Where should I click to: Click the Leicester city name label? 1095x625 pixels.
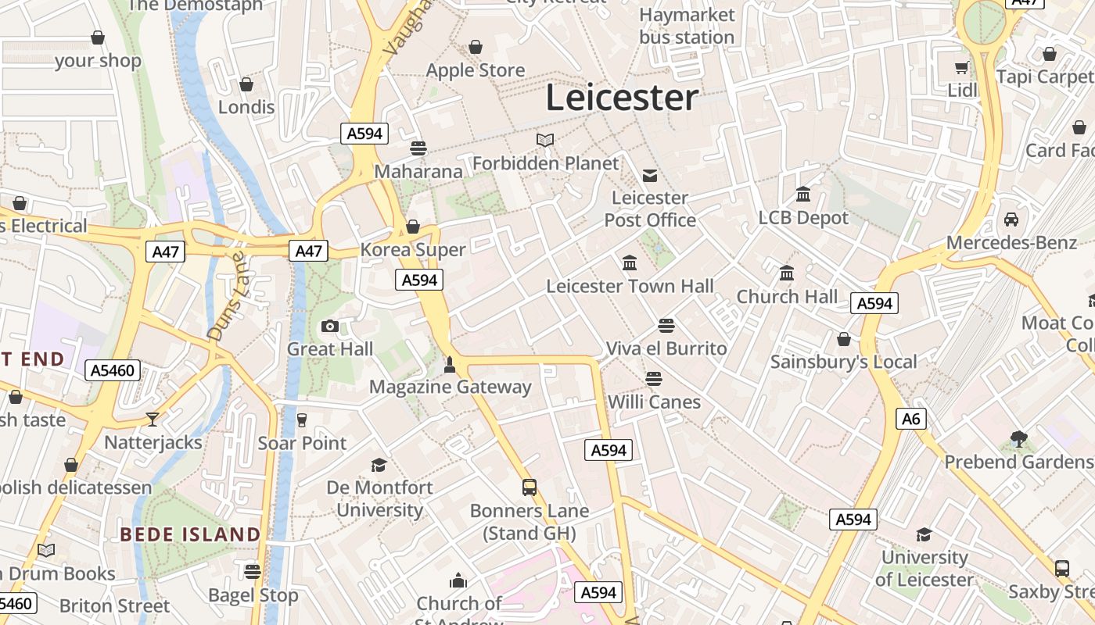coord(622,98)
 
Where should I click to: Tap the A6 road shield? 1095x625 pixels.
coord(911,419)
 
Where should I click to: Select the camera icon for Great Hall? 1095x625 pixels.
coord(330,326)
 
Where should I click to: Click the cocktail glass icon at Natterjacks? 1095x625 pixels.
coord(153,420)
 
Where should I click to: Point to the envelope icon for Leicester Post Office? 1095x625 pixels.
coord(650,175)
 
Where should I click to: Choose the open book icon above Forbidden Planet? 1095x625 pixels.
coord(545,140)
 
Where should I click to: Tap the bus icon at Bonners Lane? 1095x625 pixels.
coord(530,487)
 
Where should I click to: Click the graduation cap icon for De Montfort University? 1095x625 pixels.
coord(379,465)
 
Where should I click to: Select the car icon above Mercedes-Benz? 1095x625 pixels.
coord(1011,220)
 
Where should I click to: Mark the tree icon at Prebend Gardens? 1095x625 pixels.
coord(1018,438)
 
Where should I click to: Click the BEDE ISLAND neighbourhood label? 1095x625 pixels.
coord(190,534)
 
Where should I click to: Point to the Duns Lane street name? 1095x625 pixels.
coord(226,295)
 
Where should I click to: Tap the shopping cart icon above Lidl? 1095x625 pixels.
coord(961,67)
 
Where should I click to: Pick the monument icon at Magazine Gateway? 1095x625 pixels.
coord(450,363)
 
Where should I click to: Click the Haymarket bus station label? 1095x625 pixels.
coord(687,26)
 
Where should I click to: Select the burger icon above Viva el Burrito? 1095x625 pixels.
coord(666,325)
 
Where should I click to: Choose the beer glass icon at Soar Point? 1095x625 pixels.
coord(302,420)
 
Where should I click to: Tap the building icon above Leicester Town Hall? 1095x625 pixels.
coord(630,262)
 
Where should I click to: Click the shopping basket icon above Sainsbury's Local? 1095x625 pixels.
coord(843,339)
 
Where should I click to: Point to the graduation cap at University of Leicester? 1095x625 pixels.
coord(924,534)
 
